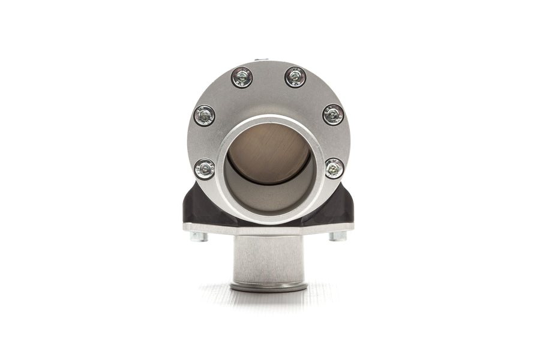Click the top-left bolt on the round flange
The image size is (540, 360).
(242, 77)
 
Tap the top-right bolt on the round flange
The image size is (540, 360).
(295, 77)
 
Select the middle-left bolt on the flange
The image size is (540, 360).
(205, 115)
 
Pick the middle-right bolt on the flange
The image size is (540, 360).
(333, 114)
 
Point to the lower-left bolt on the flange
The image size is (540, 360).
(205, 169)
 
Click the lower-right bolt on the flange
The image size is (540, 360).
(334, 168)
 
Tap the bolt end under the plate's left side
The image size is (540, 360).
(199, 236)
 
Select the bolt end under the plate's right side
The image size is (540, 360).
(338, 236)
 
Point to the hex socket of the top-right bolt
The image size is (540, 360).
(295, 77)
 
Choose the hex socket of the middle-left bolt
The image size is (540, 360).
(205, 115)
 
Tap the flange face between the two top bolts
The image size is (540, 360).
(268, 84)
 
